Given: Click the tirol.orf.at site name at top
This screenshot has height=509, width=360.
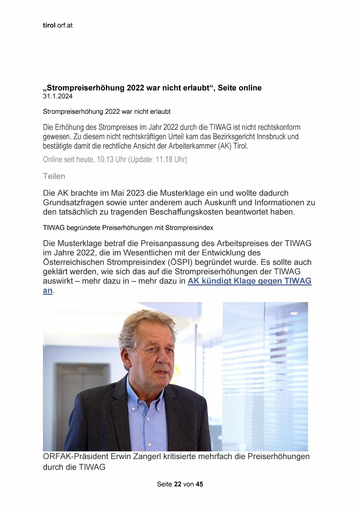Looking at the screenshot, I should point(57,25).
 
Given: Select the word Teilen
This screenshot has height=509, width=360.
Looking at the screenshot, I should point(54,176).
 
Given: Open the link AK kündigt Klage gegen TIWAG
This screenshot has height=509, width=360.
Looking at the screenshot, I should point(249,281).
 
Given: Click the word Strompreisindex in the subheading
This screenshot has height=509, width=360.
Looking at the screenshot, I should point(189,228).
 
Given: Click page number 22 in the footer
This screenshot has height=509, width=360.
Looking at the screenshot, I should point(178,484).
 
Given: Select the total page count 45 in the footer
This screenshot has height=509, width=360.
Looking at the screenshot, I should point(199,484).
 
